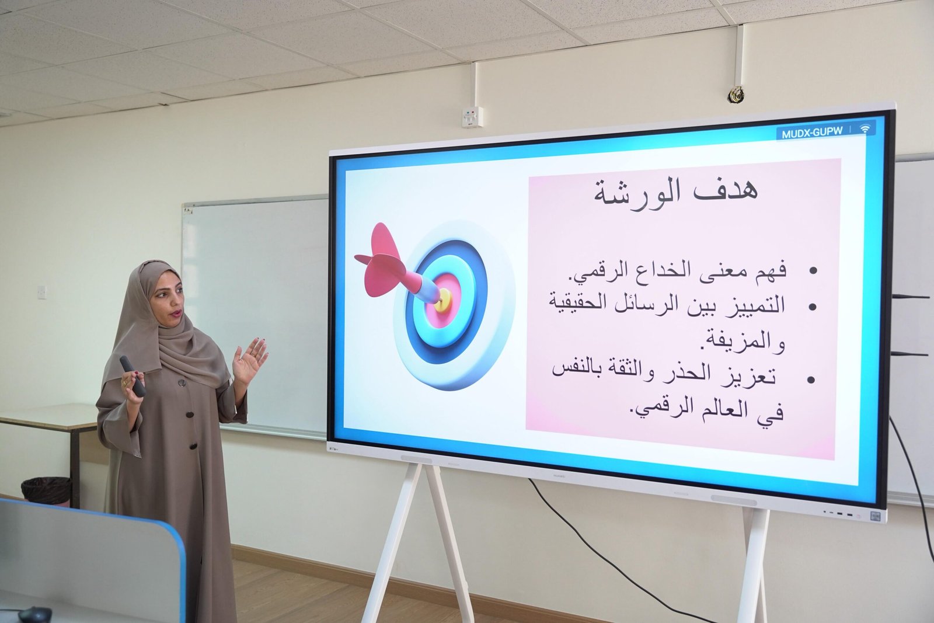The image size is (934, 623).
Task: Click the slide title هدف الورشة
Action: click(x=676, y=194)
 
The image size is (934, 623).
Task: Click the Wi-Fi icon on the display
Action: click(x=866, y=129)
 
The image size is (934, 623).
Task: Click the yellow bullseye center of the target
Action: click(x=442, y=300)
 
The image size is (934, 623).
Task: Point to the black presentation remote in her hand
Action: click(x=133, y=376)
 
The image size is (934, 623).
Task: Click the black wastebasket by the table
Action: click(x=46, y=491)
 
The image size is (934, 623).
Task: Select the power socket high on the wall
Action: click(x=473, y=117)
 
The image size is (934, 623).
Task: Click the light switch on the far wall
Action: click(x=42, y=292)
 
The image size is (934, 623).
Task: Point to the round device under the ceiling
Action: click(x=736, y=94)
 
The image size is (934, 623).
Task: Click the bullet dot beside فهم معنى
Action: click(x=813, y=271)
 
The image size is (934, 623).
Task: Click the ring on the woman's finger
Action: click(x=124, y=382)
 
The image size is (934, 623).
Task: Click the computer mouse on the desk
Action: click(x=35, y=614)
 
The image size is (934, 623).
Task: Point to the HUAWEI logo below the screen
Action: click(x=562, y=475)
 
